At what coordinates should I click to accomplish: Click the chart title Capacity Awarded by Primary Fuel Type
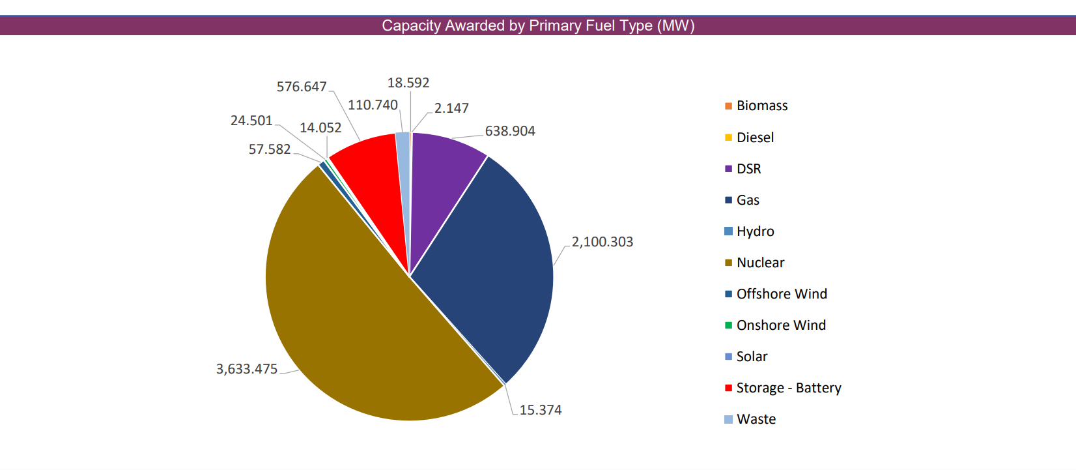(538, 25)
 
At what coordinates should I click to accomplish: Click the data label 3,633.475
(247, 369)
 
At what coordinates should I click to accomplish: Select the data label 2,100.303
(602, 242)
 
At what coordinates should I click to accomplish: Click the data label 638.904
(510, 131)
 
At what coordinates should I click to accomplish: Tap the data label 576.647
(302, 87)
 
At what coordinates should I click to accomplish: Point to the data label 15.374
(541, 410)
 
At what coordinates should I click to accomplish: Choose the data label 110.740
(373, 105)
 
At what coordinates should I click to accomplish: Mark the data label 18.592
(408, 83)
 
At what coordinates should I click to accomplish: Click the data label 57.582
(270, 149)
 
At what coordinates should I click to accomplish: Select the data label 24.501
(251, 121)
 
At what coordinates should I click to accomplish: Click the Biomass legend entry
(762, 106)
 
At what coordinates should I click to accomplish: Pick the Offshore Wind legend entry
(782, 294)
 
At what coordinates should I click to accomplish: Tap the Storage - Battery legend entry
(789, 388)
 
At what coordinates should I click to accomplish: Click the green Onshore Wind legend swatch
(729, 325)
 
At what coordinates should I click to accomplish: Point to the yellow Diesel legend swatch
(729, 138)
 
